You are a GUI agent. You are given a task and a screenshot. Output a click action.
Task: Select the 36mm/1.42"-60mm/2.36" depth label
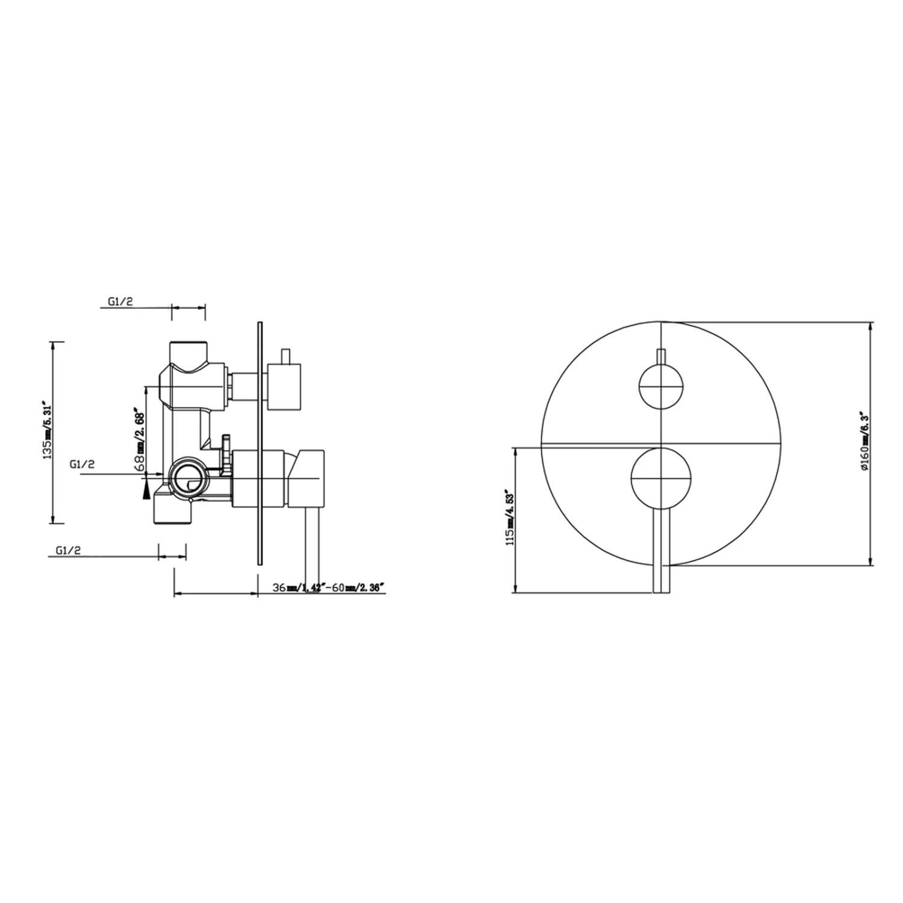328,588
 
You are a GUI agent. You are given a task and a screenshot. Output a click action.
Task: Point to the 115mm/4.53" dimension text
510,517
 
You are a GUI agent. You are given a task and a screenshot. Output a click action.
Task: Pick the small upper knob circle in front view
661,386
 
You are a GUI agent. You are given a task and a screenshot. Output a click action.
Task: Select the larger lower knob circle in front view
661,478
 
